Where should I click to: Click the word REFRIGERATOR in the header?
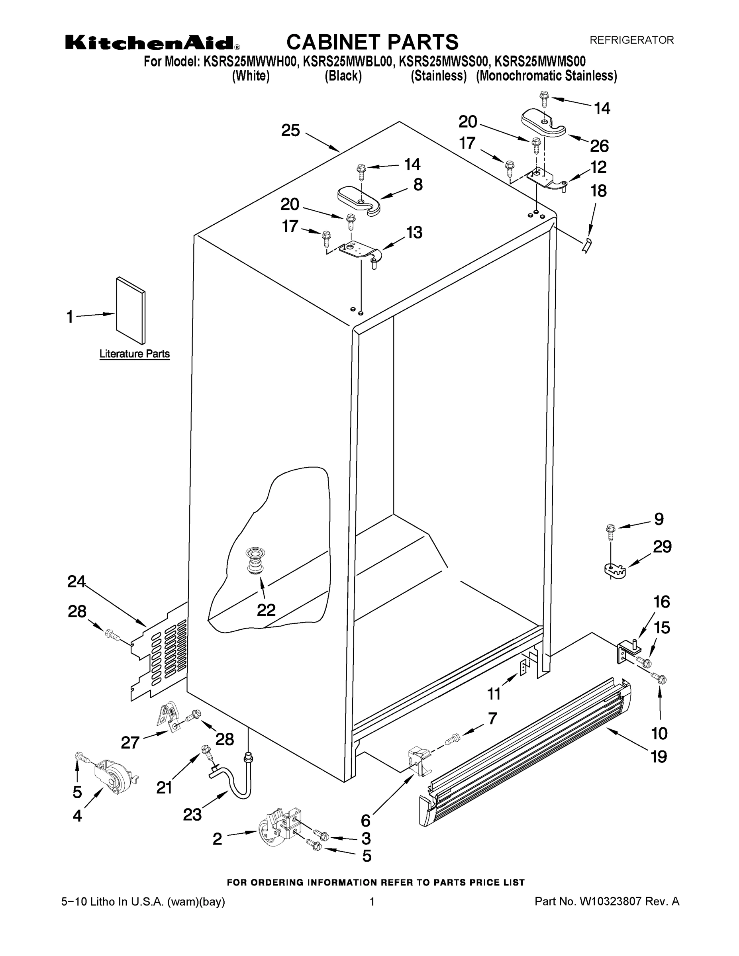tap(631, 40)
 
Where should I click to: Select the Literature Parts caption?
tap(134, 354)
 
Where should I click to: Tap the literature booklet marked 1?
tap(130, 310)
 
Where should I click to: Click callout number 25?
tap(291, 130)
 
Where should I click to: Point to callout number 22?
tap(266, 610)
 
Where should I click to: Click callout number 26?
tap(599, 146)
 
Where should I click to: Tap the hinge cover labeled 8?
tap(359, 200)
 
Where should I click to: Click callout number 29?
tap(662, 547)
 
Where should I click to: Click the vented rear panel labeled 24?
tap(162, 652)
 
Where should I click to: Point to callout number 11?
tap(494, 694)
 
